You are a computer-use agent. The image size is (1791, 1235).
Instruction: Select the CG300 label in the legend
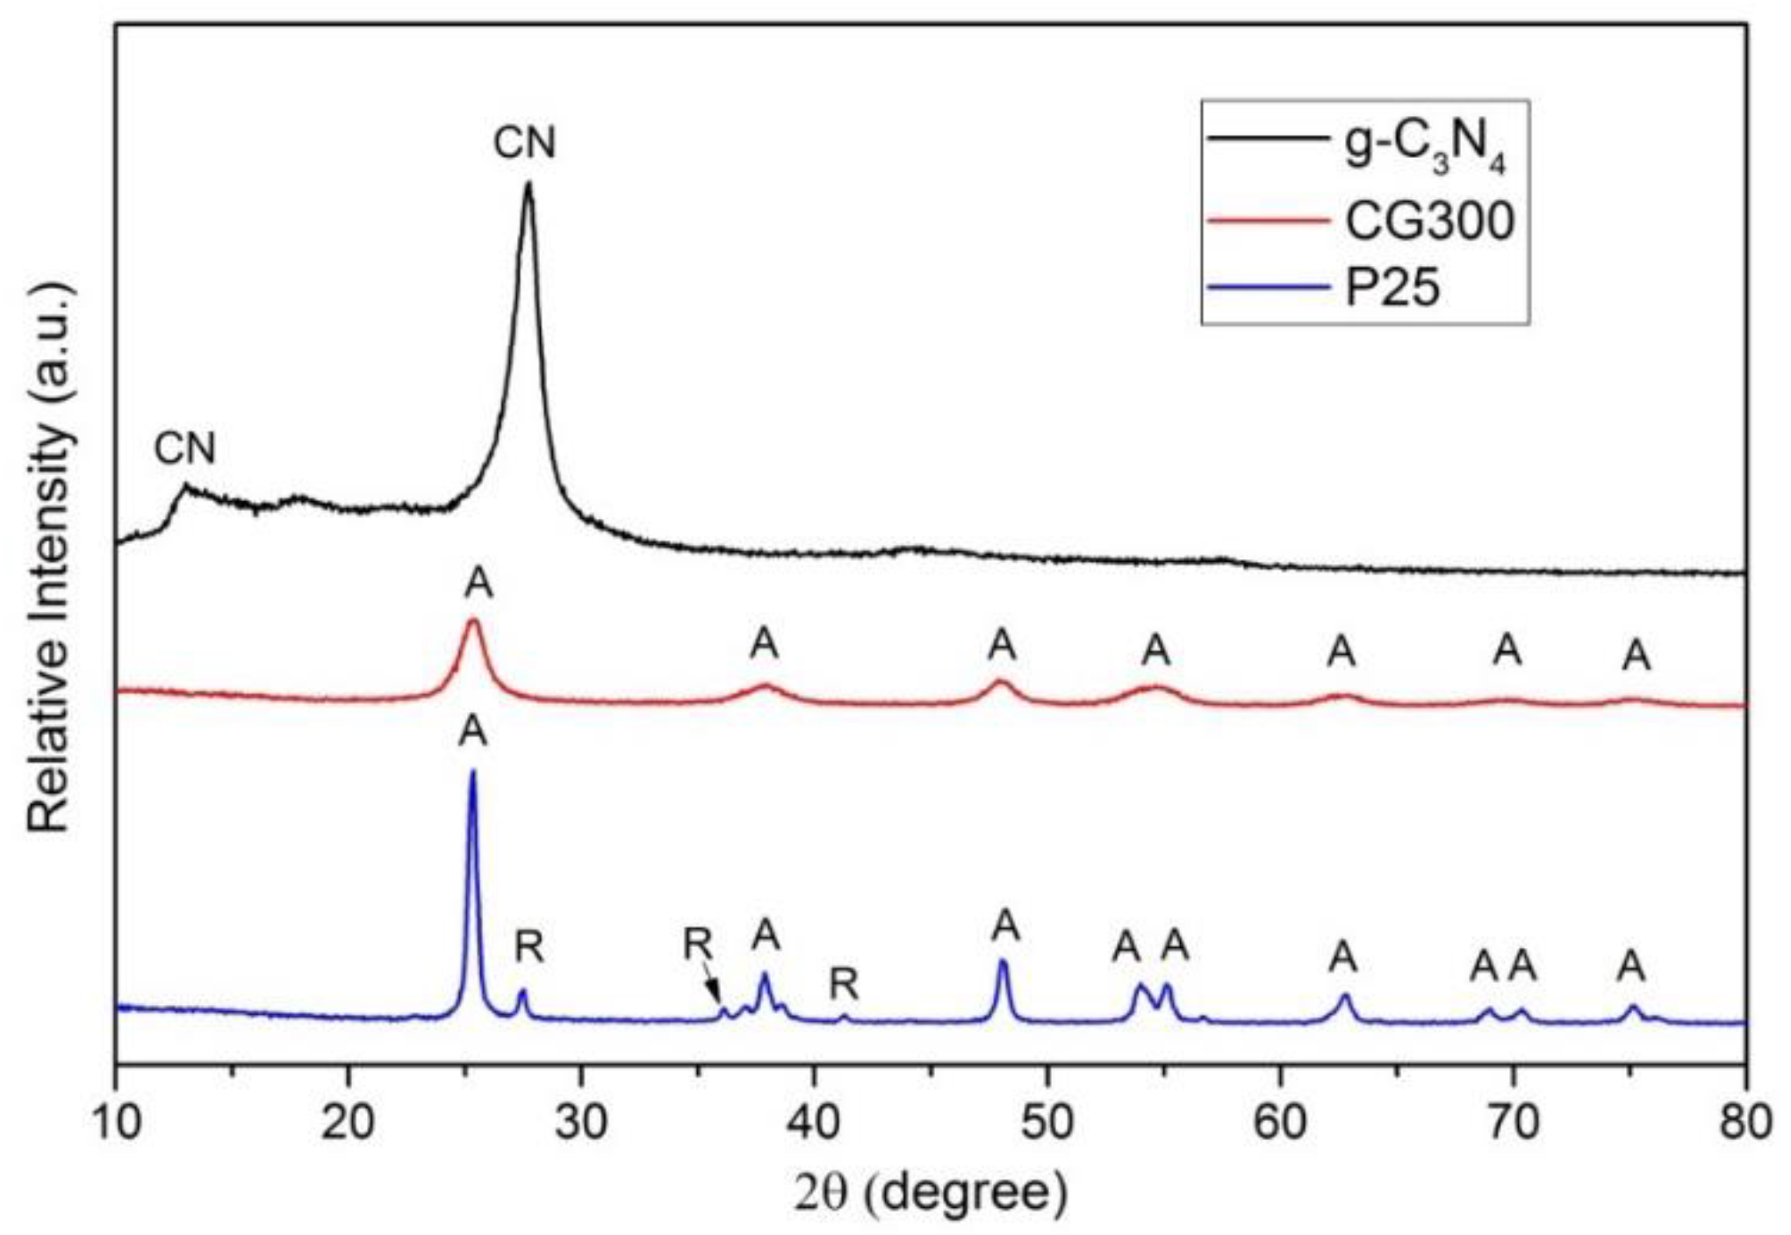(x=1429, y=221)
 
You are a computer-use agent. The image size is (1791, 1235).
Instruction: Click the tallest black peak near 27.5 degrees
(x=528, y=186)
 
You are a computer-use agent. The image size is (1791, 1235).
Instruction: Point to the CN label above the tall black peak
(x=525, y=143)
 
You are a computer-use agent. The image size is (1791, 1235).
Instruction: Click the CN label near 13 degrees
(x=184, y=449)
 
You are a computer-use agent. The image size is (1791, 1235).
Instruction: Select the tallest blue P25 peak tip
(x=473, y=772)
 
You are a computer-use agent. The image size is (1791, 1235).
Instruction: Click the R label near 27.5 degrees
(x=529, y=947)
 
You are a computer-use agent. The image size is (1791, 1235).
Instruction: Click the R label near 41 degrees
(x=844, y=985)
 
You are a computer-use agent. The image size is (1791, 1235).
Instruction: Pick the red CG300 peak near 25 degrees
(x=474, y=621)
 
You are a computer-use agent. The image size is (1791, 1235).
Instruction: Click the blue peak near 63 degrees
(x=1344, y=996)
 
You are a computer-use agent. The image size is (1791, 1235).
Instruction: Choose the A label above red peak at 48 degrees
(x=1002, y=646)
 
